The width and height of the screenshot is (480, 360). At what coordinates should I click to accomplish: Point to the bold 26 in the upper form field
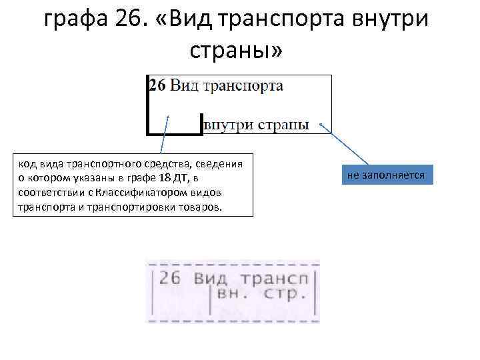(x=157, y=86)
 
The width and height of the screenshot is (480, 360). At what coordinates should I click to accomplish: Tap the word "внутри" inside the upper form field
(x=225, y=124)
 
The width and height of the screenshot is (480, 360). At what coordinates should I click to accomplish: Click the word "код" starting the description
(x=27, y=164)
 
